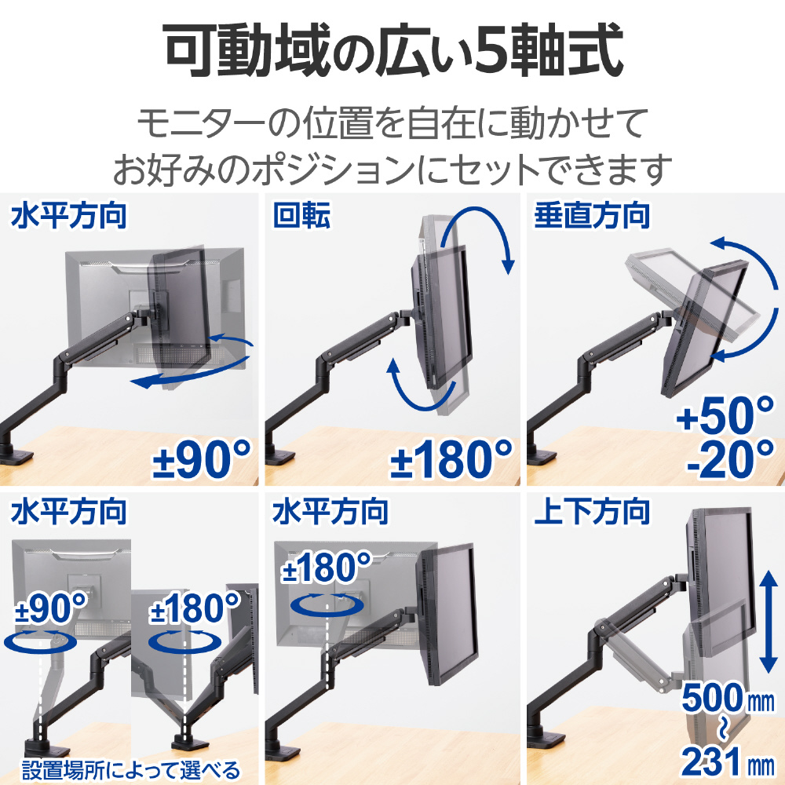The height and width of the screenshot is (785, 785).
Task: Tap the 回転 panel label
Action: point(301,216)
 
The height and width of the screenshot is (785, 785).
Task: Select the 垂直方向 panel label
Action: point(592,216)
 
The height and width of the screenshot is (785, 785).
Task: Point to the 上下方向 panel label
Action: point(592,511)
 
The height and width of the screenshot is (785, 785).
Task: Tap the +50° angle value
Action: point(725,415)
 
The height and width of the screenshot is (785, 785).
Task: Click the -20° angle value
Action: point(730,459)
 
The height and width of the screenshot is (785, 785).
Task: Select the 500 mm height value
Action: point(728,697)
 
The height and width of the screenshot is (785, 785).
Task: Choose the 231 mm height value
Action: point(728,761)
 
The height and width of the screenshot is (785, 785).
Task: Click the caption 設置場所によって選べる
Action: point(131,769)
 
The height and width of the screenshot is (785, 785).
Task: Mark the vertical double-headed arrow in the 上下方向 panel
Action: point(768,623)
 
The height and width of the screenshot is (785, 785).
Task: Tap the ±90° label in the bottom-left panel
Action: point(51,608)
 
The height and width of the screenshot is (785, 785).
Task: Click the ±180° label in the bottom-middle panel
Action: point(327,568)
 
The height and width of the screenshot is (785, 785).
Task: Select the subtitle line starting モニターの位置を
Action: point(392,122)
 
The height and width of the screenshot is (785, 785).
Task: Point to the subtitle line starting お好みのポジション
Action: point(392,170)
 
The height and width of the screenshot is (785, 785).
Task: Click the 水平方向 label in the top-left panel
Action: point(68,216)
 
